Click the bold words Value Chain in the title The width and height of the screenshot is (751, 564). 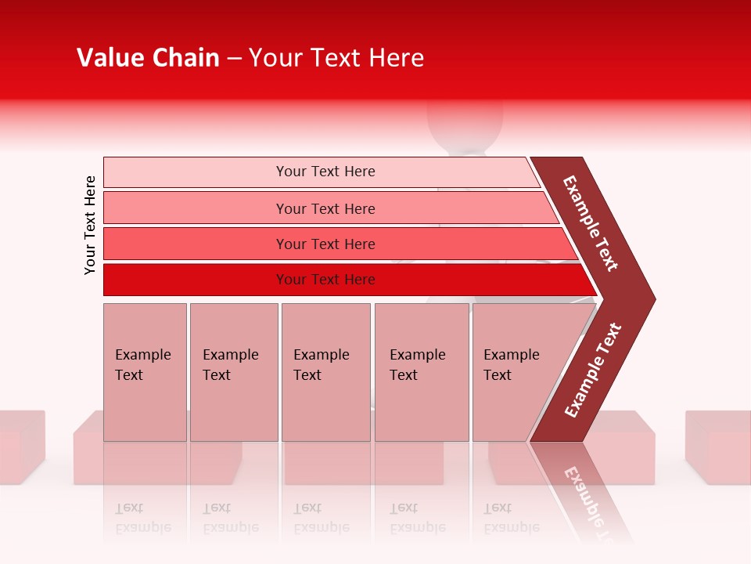148,58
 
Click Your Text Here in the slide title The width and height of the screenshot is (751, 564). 336,58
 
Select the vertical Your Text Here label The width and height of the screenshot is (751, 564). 90,225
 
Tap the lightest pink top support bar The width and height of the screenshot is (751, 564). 321,172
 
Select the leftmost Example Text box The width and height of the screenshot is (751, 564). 145,371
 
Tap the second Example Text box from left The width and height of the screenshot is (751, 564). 233,371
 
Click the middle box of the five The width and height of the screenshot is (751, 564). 325,371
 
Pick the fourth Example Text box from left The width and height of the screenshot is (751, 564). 422,371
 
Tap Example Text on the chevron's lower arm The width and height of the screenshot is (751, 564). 593,371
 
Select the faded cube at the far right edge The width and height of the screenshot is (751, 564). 718,446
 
